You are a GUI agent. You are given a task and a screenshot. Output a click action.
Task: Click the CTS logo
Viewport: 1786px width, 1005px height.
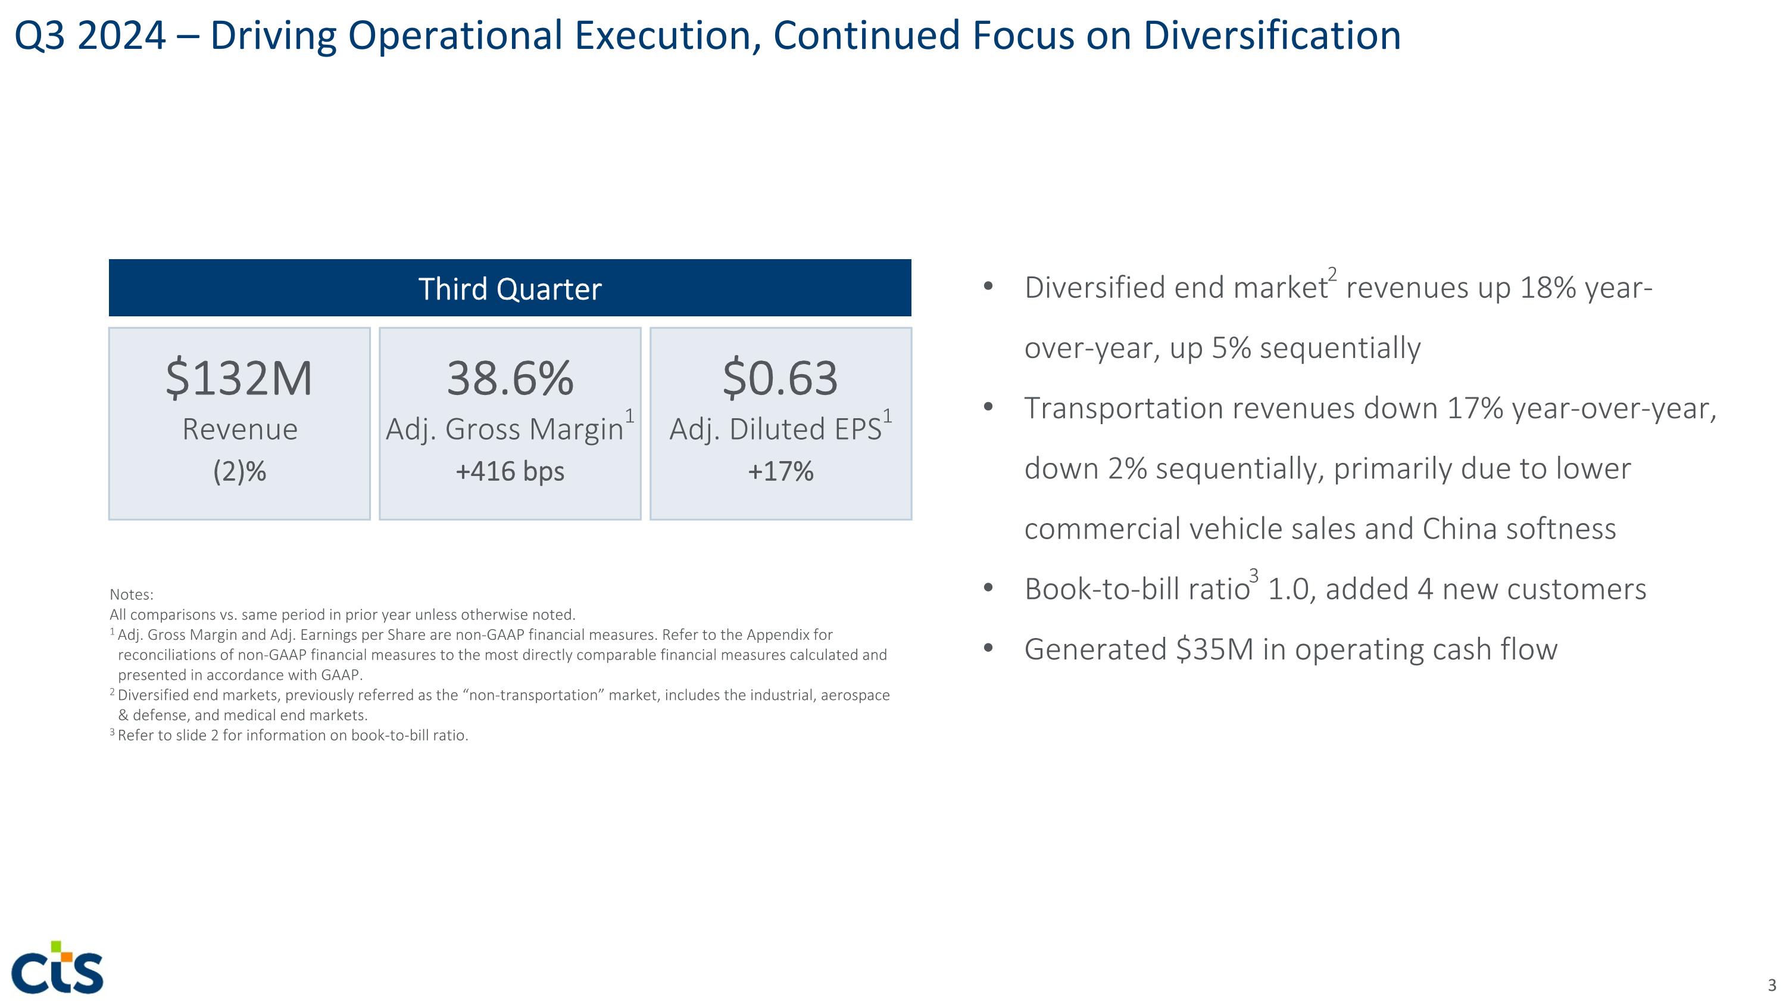[58, 967]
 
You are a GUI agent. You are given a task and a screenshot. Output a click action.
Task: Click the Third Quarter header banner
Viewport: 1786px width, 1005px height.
[510, 288]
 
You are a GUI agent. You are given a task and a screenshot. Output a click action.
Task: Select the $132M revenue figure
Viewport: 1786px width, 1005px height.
[239, 379]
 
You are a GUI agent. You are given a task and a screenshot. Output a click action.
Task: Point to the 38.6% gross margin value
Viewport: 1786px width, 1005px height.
[510, 379]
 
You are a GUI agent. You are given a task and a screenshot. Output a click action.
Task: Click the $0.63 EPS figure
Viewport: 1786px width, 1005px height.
[780, 379]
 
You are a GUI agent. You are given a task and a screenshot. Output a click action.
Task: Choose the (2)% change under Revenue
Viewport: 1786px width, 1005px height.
[239, 472]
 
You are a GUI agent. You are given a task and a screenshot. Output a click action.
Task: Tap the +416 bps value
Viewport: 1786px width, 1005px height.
[510, 472]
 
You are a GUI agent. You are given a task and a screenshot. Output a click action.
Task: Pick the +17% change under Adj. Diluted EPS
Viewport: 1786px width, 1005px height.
[780, 472]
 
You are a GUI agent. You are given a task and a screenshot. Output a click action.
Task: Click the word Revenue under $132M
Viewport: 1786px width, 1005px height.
[239, 430]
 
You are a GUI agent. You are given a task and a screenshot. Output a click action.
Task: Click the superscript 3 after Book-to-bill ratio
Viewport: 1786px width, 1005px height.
[1254, 575]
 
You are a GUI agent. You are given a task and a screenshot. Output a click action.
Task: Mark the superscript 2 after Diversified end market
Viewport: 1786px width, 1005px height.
[1332, 274]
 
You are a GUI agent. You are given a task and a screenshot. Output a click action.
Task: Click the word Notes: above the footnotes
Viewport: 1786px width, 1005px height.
[132, 595]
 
